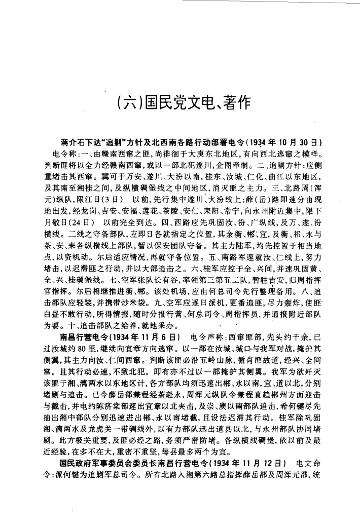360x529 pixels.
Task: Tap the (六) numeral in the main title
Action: [130, 104]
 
